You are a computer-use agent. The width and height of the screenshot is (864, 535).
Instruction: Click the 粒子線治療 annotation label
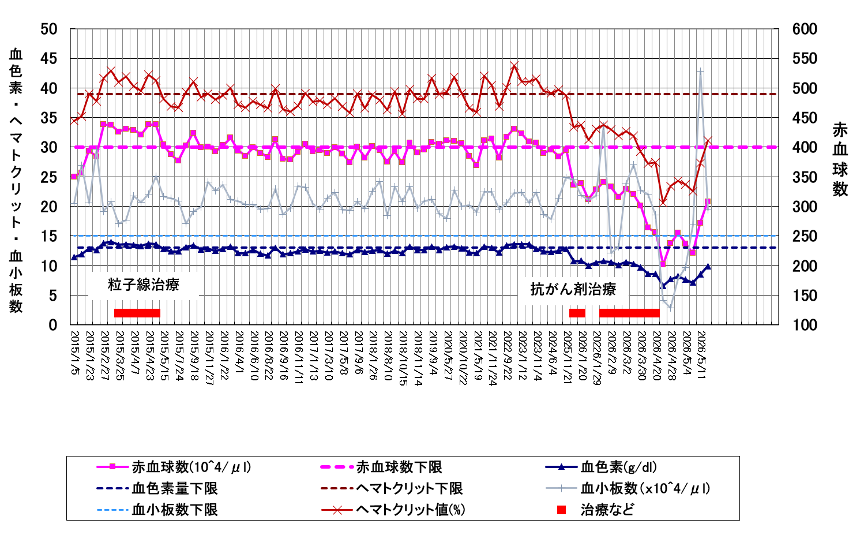click(144, 285)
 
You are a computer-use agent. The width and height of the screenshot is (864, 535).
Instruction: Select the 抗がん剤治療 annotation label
click(573, 289)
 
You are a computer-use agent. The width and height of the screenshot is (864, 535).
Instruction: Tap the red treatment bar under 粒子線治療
click(137, 313)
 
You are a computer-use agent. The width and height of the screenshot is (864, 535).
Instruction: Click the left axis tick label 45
click(49, 59)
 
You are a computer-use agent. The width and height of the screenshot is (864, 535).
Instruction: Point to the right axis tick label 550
click(805, 59)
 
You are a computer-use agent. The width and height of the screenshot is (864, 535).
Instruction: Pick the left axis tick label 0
click(53, 325)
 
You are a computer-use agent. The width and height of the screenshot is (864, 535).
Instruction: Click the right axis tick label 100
click(805, 325)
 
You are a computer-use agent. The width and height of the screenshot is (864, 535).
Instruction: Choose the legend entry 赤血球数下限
click(399, 467)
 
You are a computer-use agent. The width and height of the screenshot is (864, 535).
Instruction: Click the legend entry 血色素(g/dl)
click(619, 467)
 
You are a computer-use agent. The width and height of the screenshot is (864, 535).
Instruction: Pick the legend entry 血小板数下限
click(175, 510)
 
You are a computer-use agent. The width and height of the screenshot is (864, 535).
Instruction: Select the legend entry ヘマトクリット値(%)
click(411, 510)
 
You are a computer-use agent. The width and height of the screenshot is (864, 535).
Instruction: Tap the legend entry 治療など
click(607, 510)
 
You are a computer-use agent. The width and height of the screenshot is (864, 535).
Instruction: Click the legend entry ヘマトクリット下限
click(410, 488)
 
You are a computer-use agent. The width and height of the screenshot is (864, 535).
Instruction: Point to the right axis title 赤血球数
click(840, 159)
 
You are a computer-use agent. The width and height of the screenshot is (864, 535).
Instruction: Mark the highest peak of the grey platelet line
click(700, 70)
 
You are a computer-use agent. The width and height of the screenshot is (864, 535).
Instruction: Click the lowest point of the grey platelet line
click(670, 308)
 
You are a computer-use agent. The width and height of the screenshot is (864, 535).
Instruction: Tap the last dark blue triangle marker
click(708, 266)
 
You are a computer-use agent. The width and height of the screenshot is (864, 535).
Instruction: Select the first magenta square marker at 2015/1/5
click(74, 177)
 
